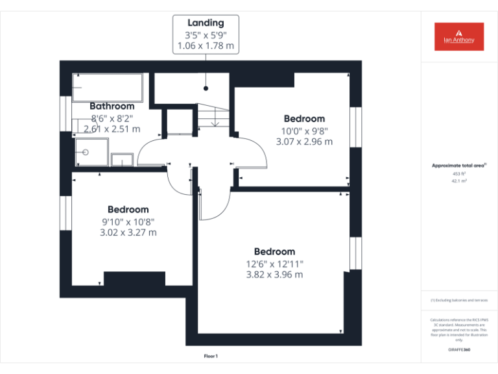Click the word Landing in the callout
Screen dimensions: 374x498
coord(206,23)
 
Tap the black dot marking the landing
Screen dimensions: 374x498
coord(206,88)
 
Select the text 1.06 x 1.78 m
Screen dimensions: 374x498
coord(206,46)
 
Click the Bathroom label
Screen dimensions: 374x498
coord(112,106)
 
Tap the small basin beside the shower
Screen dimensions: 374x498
coord(122,160)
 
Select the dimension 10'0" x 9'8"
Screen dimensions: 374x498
coord(305,130)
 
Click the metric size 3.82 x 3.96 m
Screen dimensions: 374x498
coord(274,275)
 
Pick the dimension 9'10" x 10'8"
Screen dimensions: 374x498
coord(128,221)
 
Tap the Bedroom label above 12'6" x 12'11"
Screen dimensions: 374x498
coord(274,251)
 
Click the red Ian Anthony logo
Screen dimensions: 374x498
coord(458,36)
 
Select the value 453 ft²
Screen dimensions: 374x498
coord(459,174)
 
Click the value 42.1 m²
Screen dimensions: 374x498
coord(459,182)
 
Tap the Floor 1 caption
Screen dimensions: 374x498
coord(211,356)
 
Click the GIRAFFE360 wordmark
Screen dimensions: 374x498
coord(459,351)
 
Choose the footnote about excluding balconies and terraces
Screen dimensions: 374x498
coord(459,301)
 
